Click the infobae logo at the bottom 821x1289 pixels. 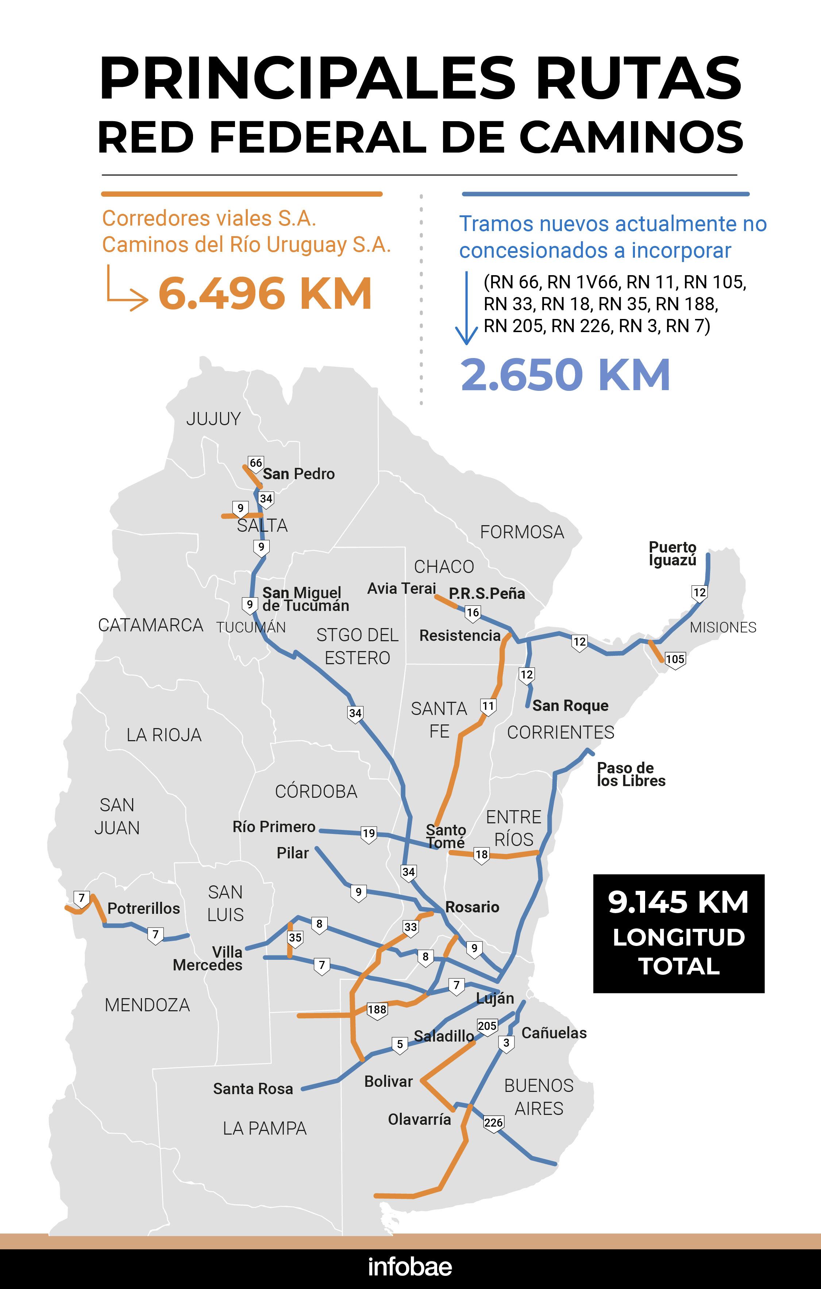click(x=410, y=1266)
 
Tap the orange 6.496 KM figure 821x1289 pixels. click(x=265, y=293)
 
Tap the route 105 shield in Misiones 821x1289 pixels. click(x=675, y=659)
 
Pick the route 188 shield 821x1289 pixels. click(x=377, y=1009)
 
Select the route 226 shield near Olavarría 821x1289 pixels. click(x=493, y=1122)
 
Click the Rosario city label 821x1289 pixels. click(x=472, y=907)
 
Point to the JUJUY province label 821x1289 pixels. click(x=213, y=419)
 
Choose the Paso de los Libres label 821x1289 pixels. click(x=631, y=774)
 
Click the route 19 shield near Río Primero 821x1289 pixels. click(x=369, y=834)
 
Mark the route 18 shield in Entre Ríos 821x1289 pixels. click(x=482, y=854)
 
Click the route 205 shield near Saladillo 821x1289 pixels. click(x=487, y=1026)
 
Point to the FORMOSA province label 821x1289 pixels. click(x=522, y=532)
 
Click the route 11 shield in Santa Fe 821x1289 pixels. click(x=487, y=706)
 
